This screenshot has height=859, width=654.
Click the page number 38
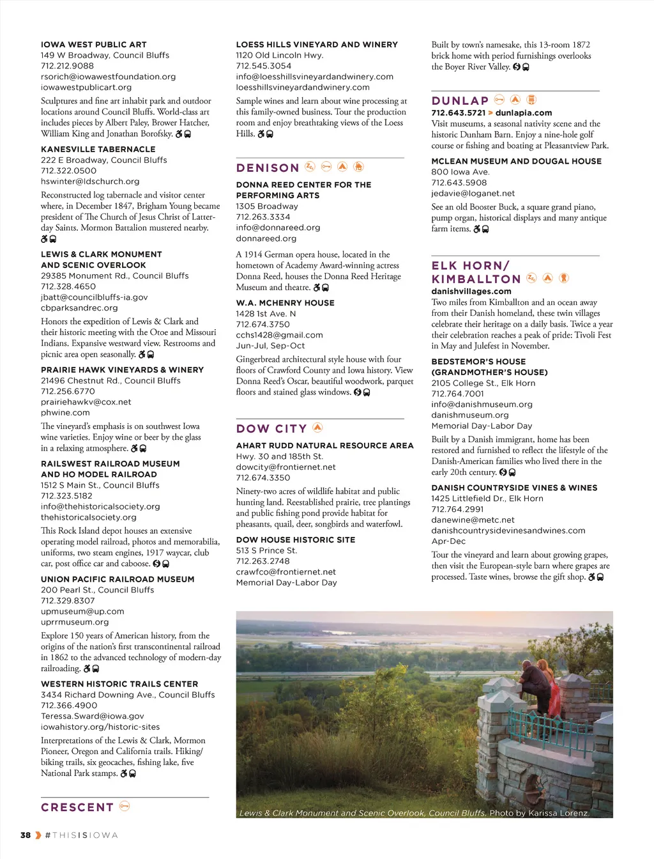[26, 835]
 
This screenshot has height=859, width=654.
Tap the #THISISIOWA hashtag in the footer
[81, 835]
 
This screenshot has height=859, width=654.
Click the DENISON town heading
[268, 168]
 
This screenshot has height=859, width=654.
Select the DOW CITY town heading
[271, 429]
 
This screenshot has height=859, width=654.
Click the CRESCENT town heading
[77, 807]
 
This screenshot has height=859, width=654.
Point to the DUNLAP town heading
[460, 101]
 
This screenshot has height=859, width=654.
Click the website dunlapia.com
[524, 112]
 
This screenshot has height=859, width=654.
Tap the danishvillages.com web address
[471, 291]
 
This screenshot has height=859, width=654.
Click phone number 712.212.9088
[67, 66]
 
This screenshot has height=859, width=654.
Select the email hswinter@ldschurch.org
[90, 182]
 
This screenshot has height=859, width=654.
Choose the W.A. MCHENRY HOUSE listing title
[285, 303]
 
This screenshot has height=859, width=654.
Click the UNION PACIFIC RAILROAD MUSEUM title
[118, 579]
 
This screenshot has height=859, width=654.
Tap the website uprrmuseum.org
[75, 622]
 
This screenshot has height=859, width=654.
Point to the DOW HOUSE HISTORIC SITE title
[295, 539]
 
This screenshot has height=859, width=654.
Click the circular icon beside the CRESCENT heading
[125, 806]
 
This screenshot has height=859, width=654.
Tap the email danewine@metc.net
[473, 520]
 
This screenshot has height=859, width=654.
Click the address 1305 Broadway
[267, 206]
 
